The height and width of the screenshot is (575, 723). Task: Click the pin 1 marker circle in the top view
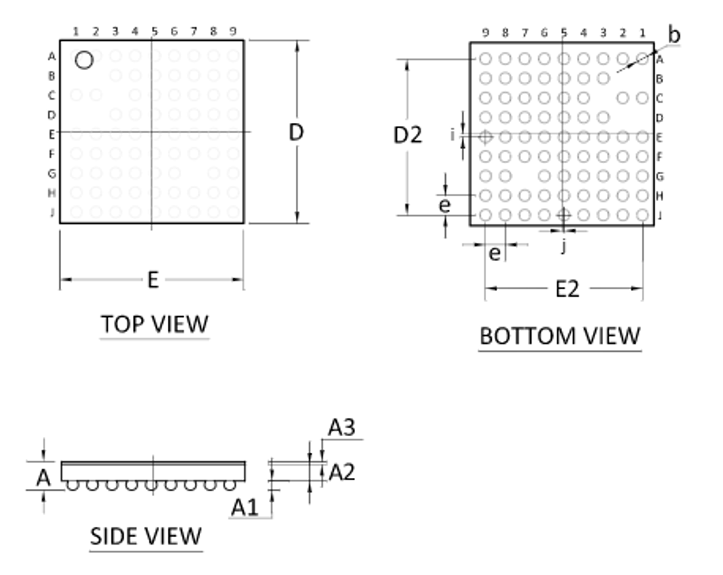click(84, 60)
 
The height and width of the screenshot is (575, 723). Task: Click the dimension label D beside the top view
click(296, 132)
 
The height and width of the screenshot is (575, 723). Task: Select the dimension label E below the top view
click(153, 279)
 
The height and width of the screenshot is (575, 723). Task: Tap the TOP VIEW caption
click(154, 324)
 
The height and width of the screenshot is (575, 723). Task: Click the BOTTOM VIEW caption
click(560, 336)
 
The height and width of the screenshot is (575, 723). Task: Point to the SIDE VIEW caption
click(146, 536)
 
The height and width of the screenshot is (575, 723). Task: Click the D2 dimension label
click(408, 135)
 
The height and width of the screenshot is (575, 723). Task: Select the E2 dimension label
click(567, 289)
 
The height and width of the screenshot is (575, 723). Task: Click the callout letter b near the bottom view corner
click(674, 35)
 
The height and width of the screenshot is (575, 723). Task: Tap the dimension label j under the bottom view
click(564, 246)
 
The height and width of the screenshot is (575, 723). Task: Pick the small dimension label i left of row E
click(452, 135)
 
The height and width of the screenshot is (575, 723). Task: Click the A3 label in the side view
click(341, 428)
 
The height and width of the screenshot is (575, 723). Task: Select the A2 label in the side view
click(341, 472)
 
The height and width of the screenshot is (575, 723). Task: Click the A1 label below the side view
click(245, 507)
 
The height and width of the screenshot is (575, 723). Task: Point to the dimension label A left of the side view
click(43, 478)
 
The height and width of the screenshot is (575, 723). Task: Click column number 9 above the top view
click(233, 31)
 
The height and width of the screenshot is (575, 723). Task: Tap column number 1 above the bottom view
click(643, 33)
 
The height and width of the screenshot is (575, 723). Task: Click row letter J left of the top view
click(52, 212)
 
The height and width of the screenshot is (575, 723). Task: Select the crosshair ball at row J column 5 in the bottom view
click(564, 214)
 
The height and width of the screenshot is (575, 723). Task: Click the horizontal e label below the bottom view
click(494, 253)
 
